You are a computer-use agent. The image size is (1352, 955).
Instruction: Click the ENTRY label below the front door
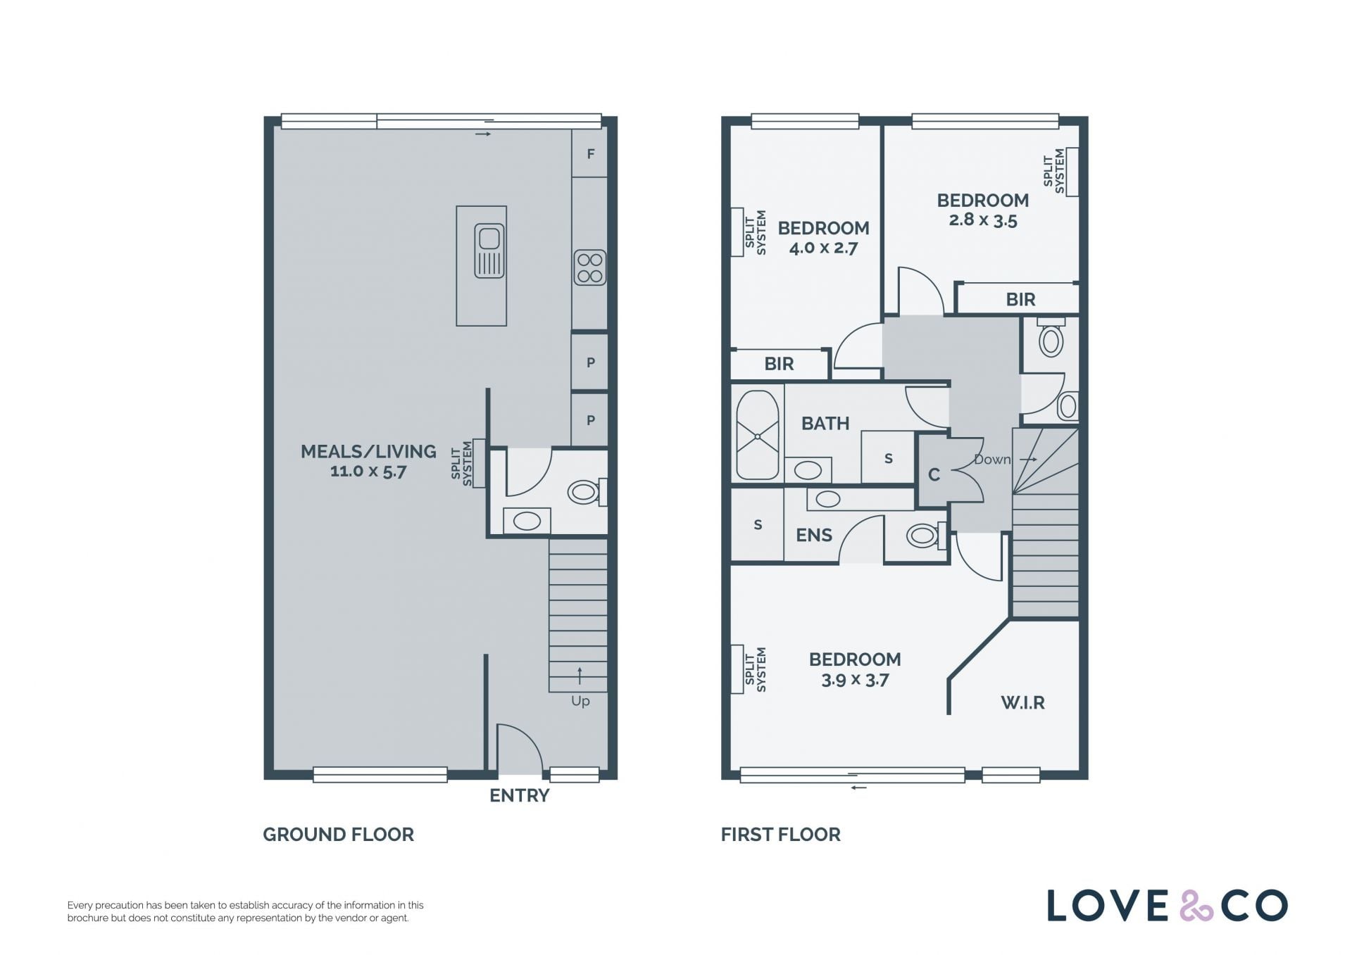pos(519,795)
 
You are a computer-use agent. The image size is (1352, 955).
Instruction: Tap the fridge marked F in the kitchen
pos(589,153)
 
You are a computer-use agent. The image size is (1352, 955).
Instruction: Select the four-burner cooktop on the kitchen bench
pos(590,267)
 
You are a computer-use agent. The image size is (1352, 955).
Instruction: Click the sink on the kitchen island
pos(489,251)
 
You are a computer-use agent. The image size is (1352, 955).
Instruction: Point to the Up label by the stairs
pos(580,701)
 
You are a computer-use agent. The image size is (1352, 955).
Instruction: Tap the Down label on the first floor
pos(992,460)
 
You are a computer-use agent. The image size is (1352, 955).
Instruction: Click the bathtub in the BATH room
pos(758,435)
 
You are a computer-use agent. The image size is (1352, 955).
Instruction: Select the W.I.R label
pos(1022,702)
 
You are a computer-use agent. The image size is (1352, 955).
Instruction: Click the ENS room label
pos(814,536)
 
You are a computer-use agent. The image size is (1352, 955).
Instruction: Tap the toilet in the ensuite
pos(925,536)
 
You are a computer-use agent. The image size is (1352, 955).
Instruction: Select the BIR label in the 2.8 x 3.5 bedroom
pos(1020,300)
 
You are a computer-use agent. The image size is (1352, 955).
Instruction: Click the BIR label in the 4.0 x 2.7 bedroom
pos(779,364)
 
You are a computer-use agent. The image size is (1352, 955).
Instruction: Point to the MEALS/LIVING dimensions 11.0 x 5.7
pos(368,472)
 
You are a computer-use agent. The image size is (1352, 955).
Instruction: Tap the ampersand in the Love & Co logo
pos(1196,906)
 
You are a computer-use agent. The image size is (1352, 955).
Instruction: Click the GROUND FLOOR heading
pos(339,835)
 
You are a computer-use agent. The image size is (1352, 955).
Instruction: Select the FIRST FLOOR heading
pos(781,835)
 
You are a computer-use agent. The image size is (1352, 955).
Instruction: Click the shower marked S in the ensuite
pos(758,524)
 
